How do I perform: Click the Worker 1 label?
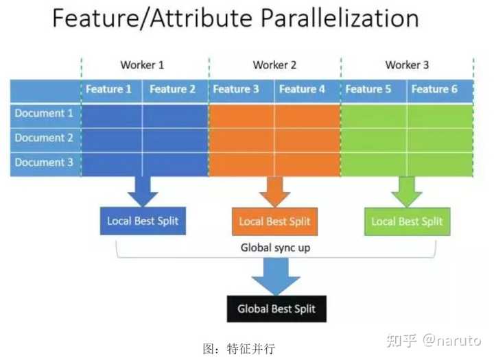click(142, 65)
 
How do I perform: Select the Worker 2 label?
click(274, 65)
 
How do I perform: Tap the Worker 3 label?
click(407, 65)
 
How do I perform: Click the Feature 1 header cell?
click(108, 89)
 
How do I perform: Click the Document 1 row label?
click(44, 113)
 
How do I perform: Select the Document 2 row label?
click(44, 137)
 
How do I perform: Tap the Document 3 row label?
click(44, 162)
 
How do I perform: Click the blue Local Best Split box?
click(143, 221)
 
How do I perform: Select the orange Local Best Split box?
click(274, 221)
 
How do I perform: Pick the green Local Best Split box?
click(407, 221)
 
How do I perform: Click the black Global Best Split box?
click(277, 309)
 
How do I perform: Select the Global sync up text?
click(274, 248)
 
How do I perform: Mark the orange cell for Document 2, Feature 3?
click(242, 138)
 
